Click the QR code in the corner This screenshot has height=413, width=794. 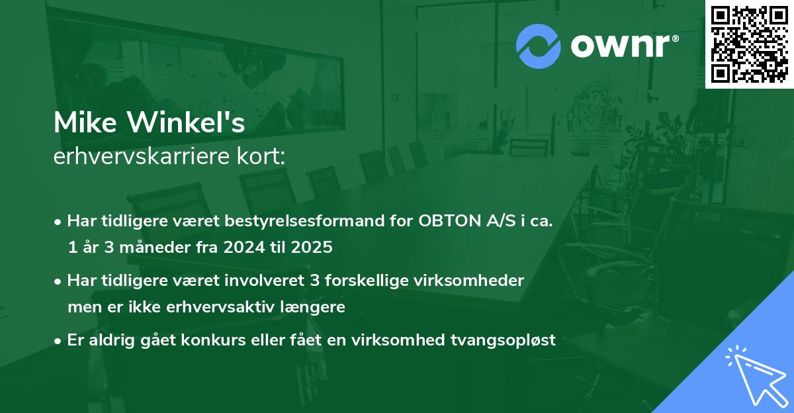(x=750, y=44)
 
